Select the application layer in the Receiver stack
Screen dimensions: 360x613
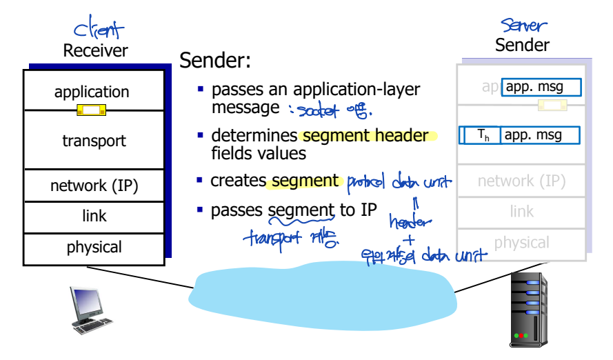coord(92,92)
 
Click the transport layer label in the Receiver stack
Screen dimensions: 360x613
coord(94,141)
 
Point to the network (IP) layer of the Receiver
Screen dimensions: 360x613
coord(94,186)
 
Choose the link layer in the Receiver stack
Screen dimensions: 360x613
coord(94,216)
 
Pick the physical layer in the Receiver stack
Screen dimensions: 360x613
coord(94,247)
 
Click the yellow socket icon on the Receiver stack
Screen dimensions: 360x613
coord(91,109)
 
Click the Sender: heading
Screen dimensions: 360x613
coord(215,60)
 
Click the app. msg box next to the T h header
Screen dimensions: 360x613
coord(540,135)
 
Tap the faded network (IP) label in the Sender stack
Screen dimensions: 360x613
coord(521,181)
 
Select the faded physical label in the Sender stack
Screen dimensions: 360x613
coord(521,243)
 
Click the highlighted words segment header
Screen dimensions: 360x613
coord(365,136)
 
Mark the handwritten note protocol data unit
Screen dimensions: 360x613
coord(399,183)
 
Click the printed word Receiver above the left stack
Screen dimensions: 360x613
coord(95,50)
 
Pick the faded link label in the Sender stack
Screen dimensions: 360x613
coord(521,212)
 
